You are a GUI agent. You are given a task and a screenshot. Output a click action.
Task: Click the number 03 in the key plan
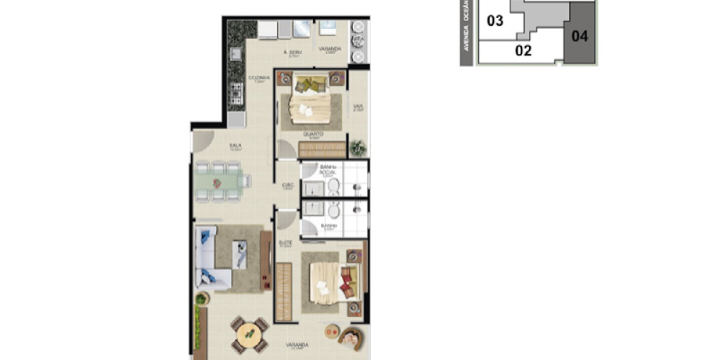click(x=495, y=21)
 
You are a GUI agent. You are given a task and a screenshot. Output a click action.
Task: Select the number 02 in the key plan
click(x=523, y=50)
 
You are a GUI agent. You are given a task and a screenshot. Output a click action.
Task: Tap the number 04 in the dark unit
click(x=580, y=35)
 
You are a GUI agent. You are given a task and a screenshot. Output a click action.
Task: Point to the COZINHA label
click(x=259, y=78)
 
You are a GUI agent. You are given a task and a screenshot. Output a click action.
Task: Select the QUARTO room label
click(x=312, y=135)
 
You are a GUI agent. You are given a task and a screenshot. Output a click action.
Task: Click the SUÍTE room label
click(x=284, y=244)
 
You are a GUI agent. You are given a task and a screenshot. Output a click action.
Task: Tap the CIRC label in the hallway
click(x=287, y=185)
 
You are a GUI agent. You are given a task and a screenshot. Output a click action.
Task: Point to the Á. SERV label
click(x=292, y=53)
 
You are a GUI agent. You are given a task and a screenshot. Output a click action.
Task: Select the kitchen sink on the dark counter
click(x=236, y=53)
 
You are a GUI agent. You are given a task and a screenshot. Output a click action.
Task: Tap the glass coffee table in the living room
click(x=240, y=253)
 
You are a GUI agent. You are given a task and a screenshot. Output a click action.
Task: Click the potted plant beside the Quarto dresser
click(x=357, y=148)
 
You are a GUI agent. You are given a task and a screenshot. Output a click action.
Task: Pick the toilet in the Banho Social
click(x=334, y=185)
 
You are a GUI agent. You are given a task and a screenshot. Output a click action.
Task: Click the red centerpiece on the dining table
click(x=217, y=184)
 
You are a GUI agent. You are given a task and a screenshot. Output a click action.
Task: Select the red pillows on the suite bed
click(x=348, y=282)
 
